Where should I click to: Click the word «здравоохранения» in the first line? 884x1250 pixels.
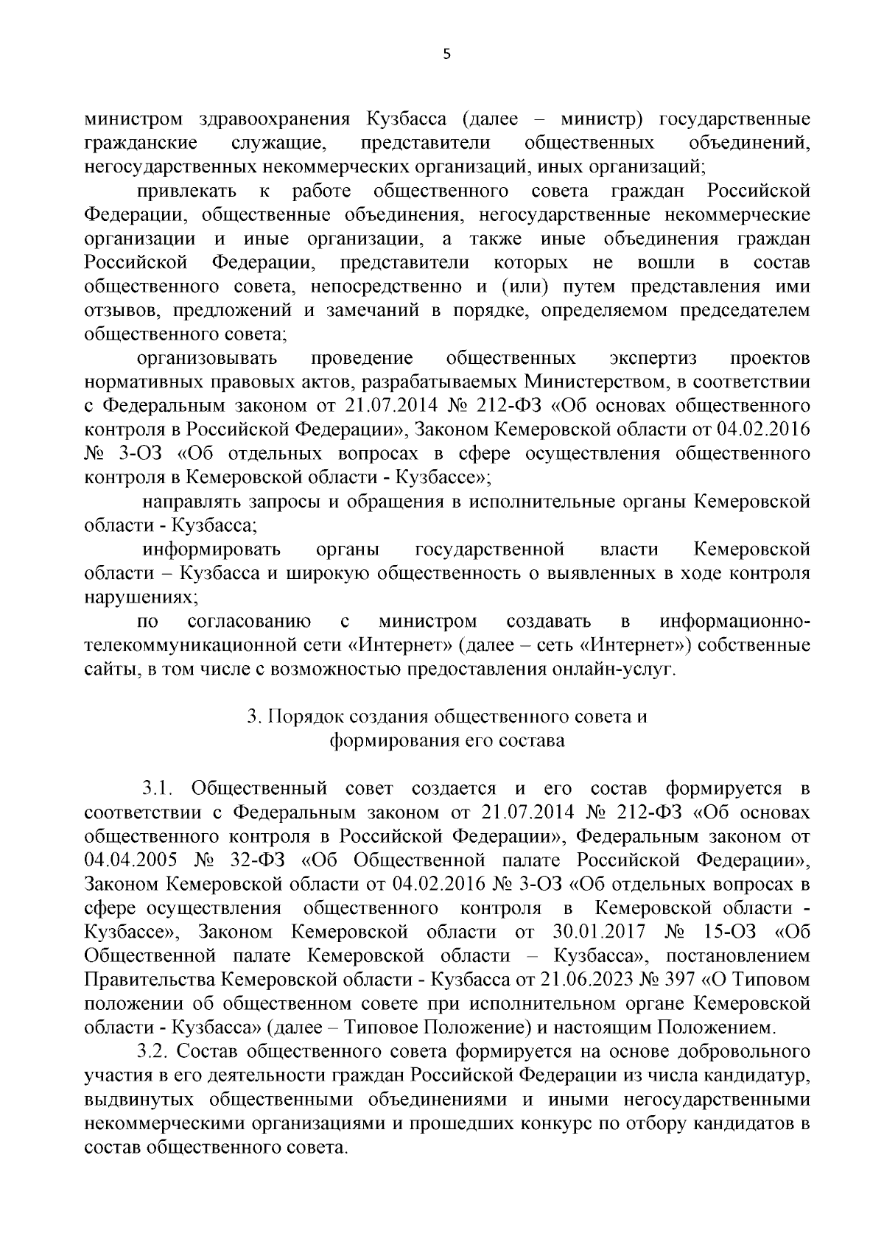click(x=274, y=119)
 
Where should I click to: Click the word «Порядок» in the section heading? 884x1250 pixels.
click(x=302, y=717)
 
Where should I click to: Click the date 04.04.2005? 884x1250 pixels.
click(x=129, y=860)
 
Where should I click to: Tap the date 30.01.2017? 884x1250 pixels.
click(x=598, y=932)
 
